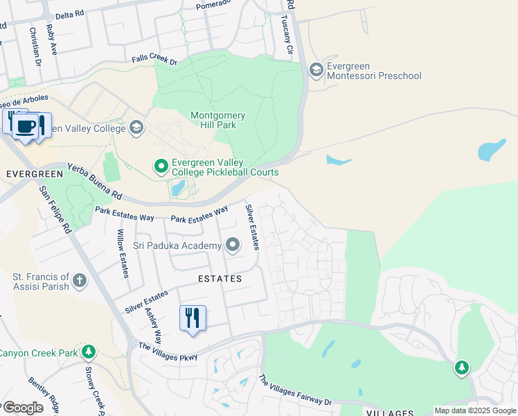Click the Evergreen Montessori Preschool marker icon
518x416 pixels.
tap(316, 69)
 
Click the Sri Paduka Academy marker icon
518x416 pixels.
tap(233, 245)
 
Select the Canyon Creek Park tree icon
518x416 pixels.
tap(88, 352)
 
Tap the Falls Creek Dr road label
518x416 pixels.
tap(154, 62)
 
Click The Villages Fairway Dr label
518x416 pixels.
tap(295, 390)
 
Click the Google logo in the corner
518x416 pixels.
tap(22, 408)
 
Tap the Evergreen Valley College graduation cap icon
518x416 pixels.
tap(136, 128)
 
